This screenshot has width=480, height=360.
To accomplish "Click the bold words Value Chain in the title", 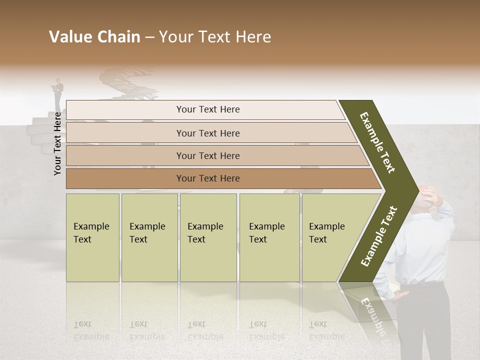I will [94, 37].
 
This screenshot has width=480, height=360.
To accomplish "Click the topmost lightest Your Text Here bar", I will [207, 109].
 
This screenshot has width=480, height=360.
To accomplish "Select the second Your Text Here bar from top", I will [207, 133].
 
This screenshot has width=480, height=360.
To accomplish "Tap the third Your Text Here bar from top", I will [207, 155].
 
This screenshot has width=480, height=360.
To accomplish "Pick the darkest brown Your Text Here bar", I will [207, 178].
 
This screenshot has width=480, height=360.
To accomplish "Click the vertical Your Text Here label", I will [57, 143].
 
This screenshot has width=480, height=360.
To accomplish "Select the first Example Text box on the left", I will [92, 237].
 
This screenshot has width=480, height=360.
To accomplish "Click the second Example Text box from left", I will [149, 237].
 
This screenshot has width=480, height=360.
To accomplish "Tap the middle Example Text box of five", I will [208, 237].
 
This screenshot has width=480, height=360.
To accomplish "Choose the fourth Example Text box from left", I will [269, 237].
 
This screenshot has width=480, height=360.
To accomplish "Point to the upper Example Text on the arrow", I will [377, 142].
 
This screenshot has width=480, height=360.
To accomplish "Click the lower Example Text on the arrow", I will [378, 236].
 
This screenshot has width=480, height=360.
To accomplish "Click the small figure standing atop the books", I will [59, 93].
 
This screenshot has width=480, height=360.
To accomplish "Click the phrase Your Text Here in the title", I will [215, 37].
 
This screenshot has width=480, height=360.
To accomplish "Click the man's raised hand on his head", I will [434, 199].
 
